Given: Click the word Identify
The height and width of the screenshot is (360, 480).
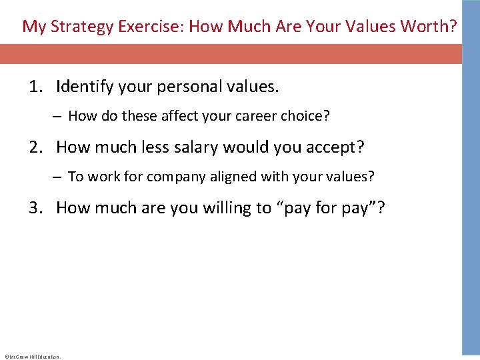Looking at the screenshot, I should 82,87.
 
